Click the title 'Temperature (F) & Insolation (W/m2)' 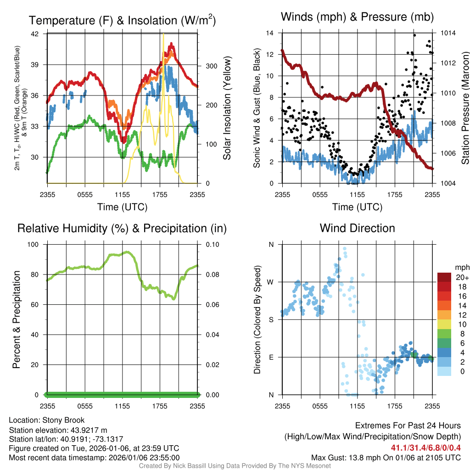point(123,20)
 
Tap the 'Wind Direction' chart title point(357,228)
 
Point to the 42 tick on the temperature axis point(39,34)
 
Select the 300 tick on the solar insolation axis point(211,66)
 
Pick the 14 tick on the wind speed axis point(270,33)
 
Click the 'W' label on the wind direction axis point(271,282)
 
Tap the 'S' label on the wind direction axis point(271,319)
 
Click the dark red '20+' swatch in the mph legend point(444,278)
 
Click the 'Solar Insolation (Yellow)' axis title point(227,108)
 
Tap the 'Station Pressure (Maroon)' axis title point(464,108)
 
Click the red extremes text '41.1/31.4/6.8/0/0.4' point(426,448)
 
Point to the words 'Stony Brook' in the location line point(63,420)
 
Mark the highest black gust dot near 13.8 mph point(414,35)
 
